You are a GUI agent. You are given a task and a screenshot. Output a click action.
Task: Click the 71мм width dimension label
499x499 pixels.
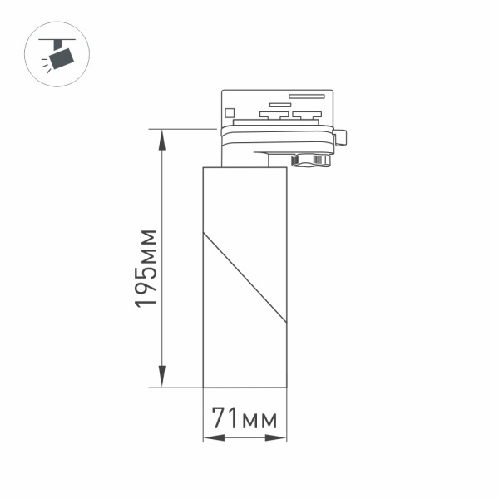[244, 417]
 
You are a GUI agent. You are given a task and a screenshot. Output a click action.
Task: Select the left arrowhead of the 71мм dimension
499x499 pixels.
[208, 438]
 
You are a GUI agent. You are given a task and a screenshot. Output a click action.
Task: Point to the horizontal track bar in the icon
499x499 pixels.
[61, 38]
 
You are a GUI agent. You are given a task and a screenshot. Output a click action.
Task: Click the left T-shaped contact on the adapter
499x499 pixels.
[270, 114]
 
